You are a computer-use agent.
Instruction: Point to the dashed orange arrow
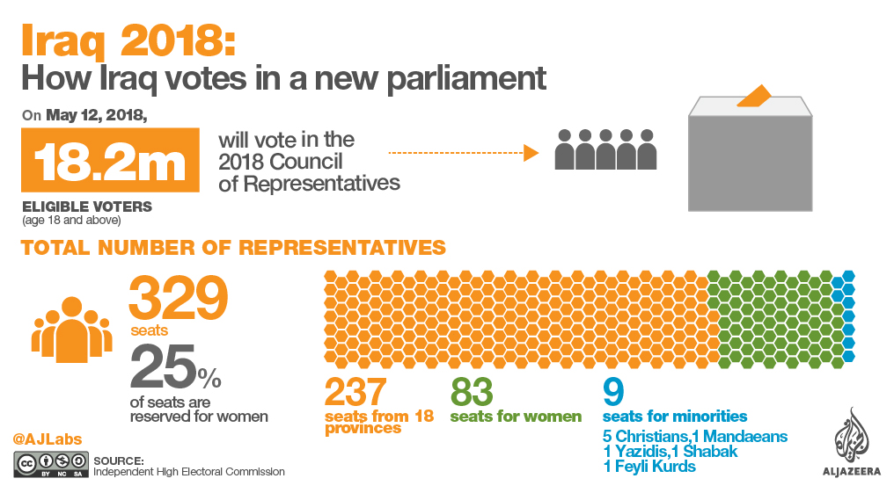(x=463, y=153)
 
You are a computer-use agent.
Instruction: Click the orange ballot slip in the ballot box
(x=754, y=96)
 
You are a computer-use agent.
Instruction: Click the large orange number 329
(x=179, y=299)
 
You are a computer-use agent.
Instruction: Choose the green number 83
(x=471, y=392)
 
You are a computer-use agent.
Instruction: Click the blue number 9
(x=612, y=391)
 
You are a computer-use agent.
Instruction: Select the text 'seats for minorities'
(x=675, y=416)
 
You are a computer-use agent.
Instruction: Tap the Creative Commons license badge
(x=51, y=465)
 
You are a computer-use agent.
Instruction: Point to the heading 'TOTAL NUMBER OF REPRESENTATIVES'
(x=233, y=247)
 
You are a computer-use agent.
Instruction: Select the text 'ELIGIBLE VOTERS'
(x=87, y=207)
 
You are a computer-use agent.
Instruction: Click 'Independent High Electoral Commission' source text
(x=189, y=472)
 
